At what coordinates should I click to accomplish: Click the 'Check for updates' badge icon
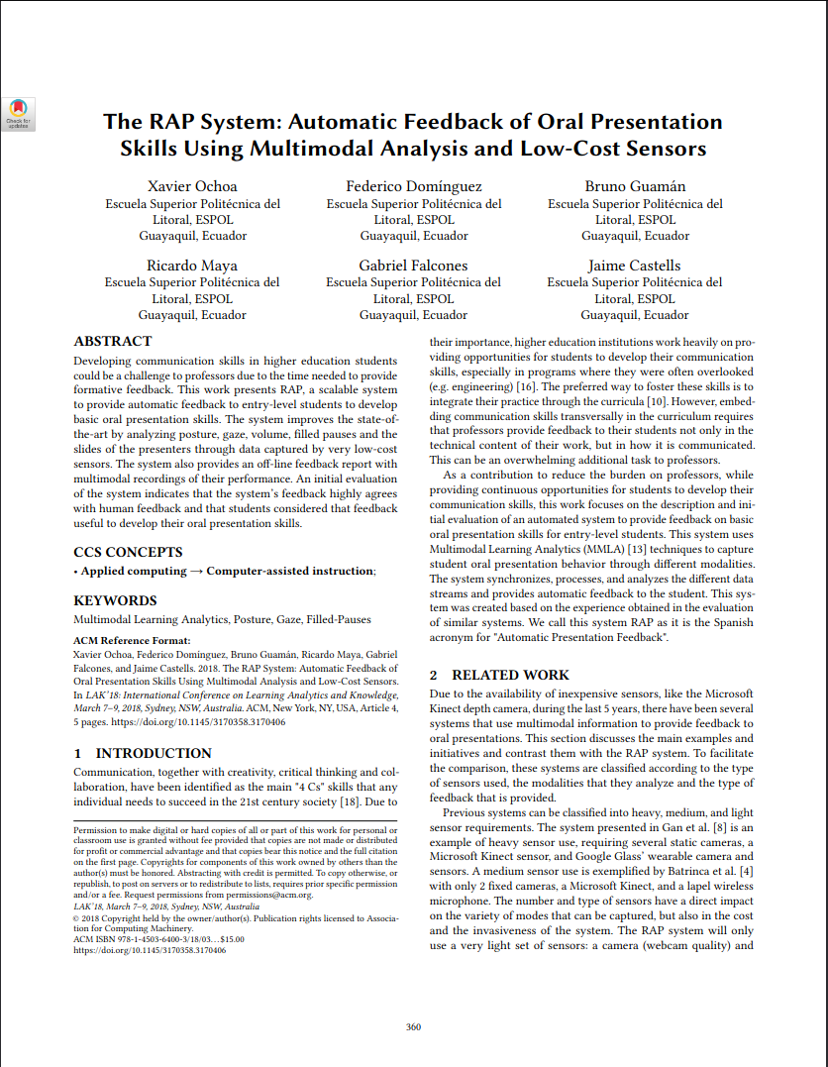click(x=19, y=113)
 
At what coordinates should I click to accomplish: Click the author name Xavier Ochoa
click(x=192, y=186)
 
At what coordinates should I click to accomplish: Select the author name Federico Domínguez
click(x=414, y=186)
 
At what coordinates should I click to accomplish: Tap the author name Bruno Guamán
click(x=635, y=186)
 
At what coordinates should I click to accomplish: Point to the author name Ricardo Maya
click(x=192, y=266)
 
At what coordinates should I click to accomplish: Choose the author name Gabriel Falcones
click(x=414, y=266)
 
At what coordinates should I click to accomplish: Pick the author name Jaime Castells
click(x=635, y=266)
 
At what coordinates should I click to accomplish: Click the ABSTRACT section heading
click(x=113, y=342)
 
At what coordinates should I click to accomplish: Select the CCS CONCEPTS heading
click(x=128, y=552)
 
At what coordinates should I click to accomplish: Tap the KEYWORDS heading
click(x=115, y=600)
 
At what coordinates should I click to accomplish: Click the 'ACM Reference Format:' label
click(x=131, y=641)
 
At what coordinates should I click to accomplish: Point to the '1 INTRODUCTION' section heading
click(x=143, y=753)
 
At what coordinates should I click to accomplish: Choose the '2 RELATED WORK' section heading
click(x=499, y=675)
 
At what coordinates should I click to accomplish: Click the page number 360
click(x=414, y=1025)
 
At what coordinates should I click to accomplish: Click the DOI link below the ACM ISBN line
click(x=150, y=950)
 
